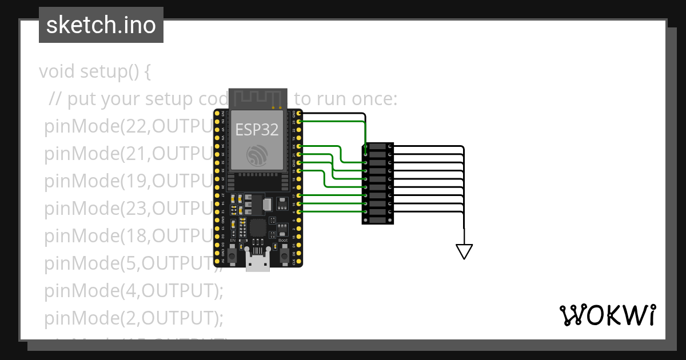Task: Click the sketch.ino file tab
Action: pyautogui.click(x=101, y=25)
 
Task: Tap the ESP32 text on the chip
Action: pyautogui.click(x=257, y=130)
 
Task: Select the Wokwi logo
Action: pyautogui.click(x=607, y=315)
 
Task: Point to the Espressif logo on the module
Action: pyautogui.click(x=257, y=154)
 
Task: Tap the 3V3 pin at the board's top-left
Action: pyautogui.click(x=217, y=114)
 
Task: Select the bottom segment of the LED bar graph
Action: pyautogui.click(x=377, y=219)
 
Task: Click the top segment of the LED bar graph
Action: pyautogui.click(x=377, y=147)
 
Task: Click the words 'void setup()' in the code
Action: pyautogui.click(x=95, y=71)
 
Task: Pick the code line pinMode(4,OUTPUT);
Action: pyautogui.click(x=133, y=291)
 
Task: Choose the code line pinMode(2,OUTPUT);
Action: pyautogui.click(x=133, y=317)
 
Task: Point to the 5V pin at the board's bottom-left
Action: pyautogui.click(x=217, y=261)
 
